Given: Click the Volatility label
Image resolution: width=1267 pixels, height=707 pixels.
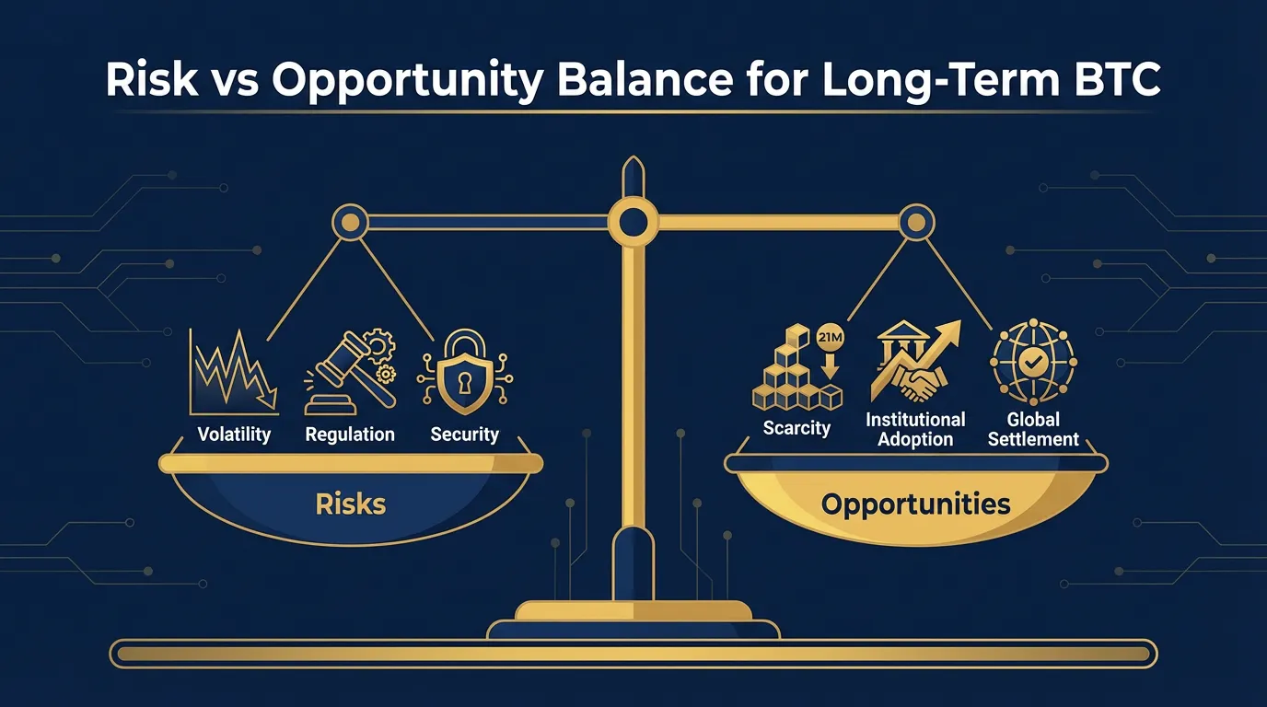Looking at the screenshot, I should (x=233, y=434).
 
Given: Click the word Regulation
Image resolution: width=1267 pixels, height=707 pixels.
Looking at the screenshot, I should (x=350, y=434).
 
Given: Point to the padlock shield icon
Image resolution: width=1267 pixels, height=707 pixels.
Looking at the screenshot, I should (x=464, y=380).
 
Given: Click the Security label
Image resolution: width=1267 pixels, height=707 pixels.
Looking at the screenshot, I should (x=464, y=434).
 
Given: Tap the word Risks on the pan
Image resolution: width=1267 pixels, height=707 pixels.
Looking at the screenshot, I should (x=350, y=504).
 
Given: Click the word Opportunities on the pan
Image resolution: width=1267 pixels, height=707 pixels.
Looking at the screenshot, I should (x=915, y=504).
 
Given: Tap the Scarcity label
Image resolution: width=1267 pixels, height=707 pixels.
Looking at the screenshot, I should (x=796, y=428).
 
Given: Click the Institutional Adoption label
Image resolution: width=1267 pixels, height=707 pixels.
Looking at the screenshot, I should (x=915, y=429).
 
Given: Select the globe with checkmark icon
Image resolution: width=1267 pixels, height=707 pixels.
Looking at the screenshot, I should (x=1033, y=364).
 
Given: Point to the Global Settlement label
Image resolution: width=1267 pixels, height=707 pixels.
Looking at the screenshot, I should (x=1033, y=429).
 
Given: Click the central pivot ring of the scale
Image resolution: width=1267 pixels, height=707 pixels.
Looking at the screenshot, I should (x=633, y=222).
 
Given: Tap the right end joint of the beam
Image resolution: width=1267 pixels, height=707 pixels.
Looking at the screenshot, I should (x=915, y=222).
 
